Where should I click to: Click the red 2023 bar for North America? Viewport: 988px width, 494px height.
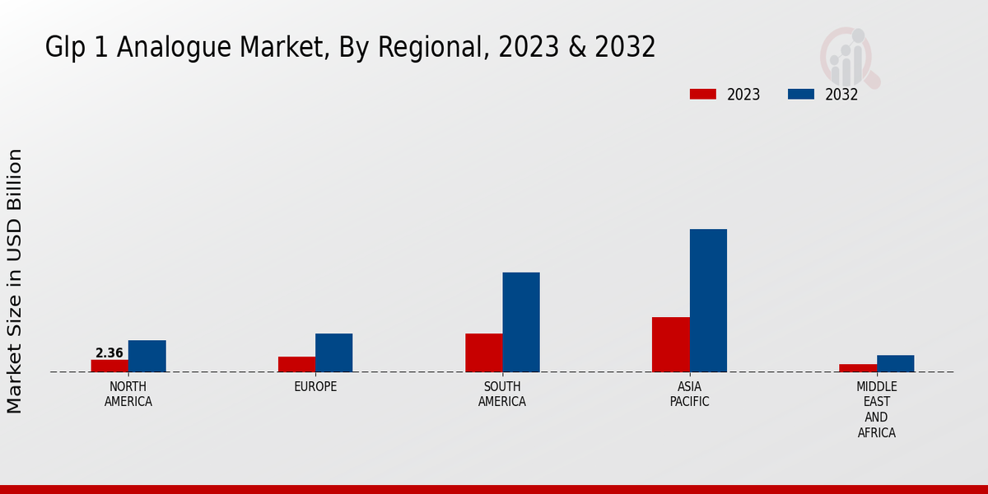tap(110, 366)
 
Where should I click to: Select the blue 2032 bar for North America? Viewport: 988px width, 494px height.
tap(147, 356)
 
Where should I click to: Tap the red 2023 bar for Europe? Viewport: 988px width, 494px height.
tap(296, 364)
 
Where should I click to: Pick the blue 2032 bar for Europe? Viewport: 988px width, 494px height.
tap(334, 352)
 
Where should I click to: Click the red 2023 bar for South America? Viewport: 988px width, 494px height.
tap(483, 352)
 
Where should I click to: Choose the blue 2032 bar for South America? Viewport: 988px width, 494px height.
tap(521, 322)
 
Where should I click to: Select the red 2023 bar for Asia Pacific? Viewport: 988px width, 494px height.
tap(670, 344)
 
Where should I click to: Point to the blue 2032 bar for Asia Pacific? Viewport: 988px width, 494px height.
tap(708, 301)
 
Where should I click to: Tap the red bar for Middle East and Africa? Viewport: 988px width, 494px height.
tap(858, 368)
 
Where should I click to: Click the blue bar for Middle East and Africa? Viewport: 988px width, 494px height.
tap(896, 363)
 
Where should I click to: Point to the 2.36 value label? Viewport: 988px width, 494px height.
tap(110, 353)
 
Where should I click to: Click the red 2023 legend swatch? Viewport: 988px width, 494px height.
tap(703, 94)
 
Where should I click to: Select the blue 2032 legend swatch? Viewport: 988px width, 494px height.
tap(801, 94)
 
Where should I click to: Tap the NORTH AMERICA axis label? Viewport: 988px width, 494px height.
tap(128, 394)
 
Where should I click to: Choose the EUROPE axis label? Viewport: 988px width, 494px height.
tap(315, 387)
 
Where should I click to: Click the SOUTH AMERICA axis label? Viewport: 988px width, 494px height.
tap(502, 394)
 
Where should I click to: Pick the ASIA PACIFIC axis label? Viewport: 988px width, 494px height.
tap(689, 394)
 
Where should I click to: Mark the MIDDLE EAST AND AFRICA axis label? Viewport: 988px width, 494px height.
tap(877, 409)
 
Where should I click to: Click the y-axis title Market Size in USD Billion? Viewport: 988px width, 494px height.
tap(15, 281)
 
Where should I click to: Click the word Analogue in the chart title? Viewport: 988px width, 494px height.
tap(174, 48)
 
